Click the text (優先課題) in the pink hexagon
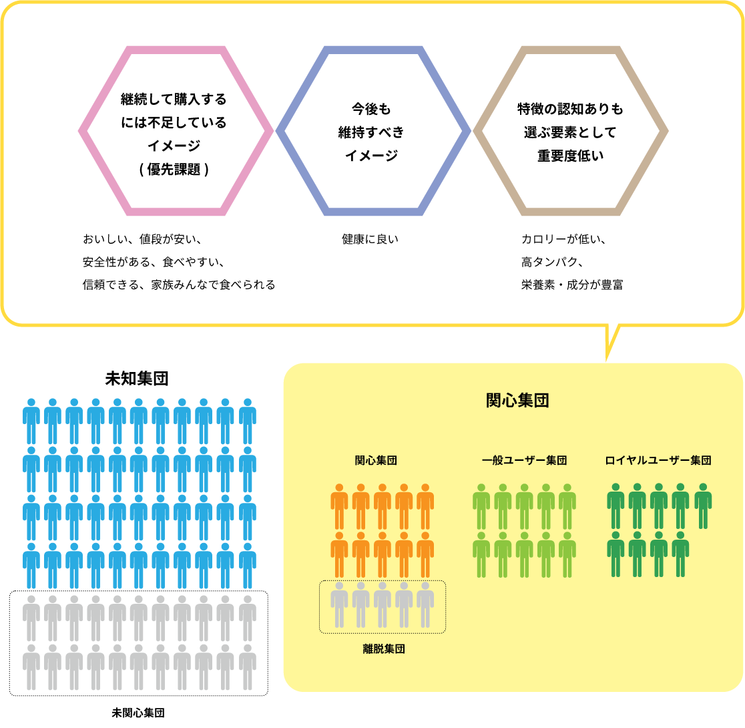tap(174, 170)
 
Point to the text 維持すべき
tap(371, 132)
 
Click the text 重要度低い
tap(571, 156)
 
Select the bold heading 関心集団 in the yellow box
tap(517, 400)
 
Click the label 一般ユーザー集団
tap(524, 460)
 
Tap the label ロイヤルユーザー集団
tap(658, 460)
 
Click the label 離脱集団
tap(384, 649)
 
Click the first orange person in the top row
tap(339, 506)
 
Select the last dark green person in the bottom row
tap(680, 554)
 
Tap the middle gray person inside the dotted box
tap(383, 605)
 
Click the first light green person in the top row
tap(481, 506)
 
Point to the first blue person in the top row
tap(31, 421)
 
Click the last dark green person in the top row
tap(702, 506)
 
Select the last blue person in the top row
tap(248, 421)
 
